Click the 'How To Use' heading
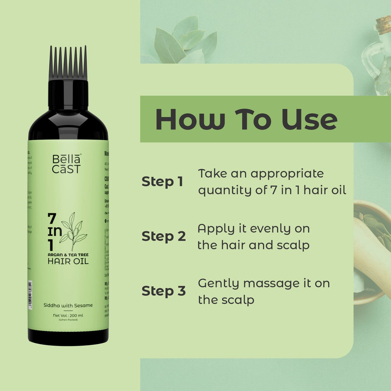246,119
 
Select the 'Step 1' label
162,182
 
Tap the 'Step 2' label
163,236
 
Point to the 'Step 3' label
163,291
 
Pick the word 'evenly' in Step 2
263,229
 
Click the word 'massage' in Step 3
267,284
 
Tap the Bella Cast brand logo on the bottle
66,164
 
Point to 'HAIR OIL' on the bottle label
68,261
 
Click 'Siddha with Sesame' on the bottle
68,305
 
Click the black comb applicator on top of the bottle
68,63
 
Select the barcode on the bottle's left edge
30,293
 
